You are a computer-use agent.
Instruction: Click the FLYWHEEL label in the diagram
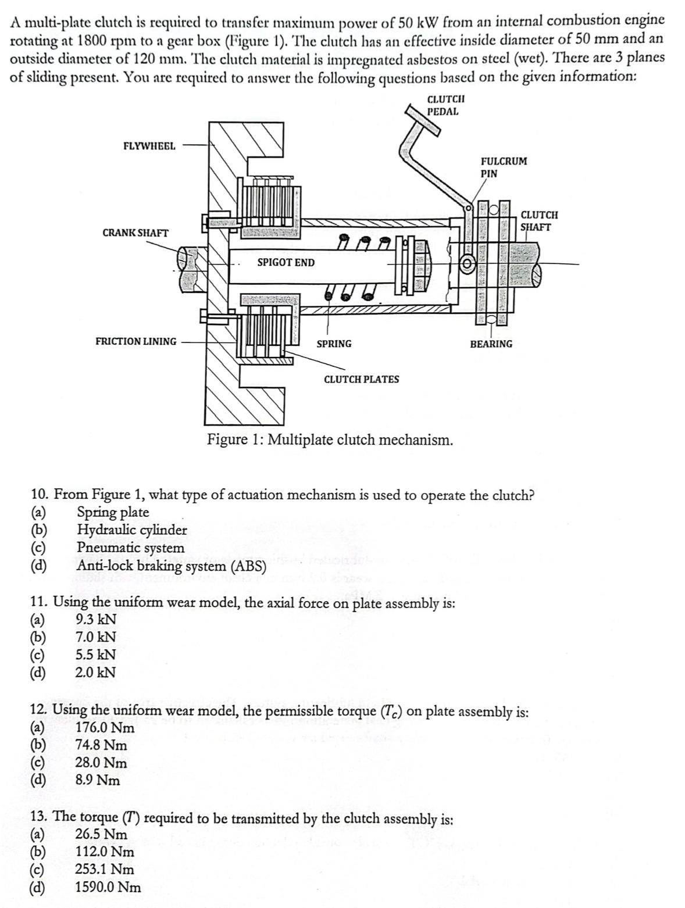coord(149,146)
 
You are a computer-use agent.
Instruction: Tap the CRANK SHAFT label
coord(135,233)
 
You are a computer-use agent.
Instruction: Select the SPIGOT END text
coord(286,263)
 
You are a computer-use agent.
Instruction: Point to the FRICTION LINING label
coord(135,341)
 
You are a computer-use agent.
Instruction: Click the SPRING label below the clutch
coord(334,344)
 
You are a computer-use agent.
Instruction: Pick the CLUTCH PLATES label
coord(361,379)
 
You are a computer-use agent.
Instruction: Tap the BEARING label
coord(491,344)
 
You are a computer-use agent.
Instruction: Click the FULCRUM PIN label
coord(504,167)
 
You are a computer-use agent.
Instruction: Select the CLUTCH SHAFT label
coord(539,221)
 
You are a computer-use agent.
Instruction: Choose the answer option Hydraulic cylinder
coord(132,530)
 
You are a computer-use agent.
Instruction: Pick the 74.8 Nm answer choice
coord(101,745)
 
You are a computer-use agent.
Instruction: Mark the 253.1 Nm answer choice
coord(105,870)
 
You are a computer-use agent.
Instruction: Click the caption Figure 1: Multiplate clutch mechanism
coord(330,439)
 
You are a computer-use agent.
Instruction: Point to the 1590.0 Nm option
coord(108,887)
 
